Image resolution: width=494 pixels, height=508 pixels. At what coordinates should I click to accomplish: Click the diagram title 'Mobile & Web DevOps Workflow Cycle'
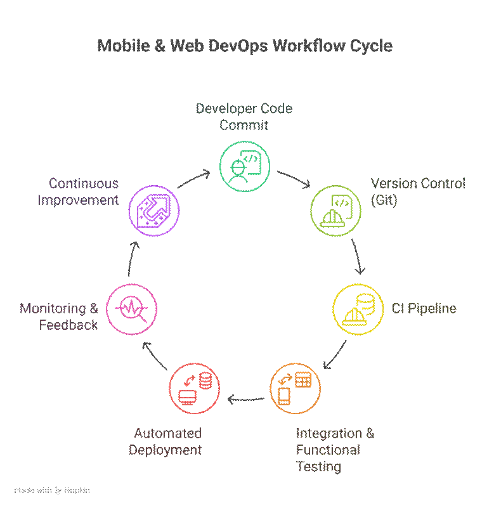245,46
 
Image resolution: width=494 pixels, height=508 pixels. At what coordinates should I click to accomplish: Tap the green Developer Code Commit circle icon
245,167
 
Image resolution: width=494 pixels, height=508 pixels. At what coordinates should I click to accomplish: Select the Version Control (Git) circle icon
335,210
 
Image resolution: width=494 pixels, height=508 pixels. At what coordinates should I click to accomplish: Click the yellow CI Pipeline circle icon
358,309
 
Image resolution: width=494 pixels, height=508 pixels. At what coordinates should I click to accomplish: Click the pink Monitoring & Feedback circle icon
132,309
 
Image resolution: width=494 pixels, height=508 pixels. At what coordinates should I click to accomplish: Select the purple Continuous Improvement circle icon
154,210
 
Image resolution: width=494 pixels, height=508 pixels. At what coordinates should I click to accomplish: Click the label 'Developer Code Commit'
244,117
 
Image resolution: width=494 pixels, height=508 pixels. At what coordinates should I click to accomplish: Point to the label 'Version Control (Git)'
418,192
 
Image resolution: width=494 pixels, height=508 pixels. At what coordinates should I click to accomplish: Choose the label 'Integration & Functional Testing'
335,450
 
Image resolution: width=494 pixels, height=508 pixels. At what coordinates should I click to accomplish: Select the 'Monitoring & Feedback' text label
59,316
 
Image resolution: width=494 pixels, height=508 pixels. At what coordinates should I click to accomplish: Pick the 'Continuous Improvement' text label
77,192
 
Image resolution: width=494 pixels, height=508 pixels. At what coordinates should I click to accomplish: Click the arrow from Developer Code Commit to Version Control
294,178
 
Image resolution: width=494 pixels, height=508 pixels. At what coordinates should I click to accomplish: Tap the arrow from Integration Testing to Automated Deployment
245,399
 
